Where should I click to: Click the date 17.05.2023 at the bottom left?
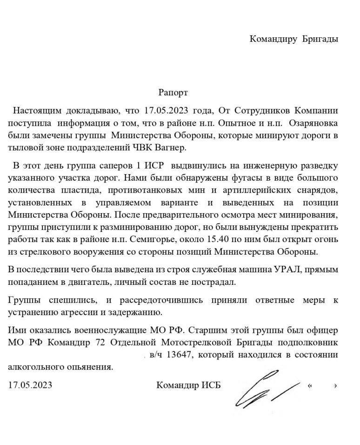(x=30, y=385)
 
